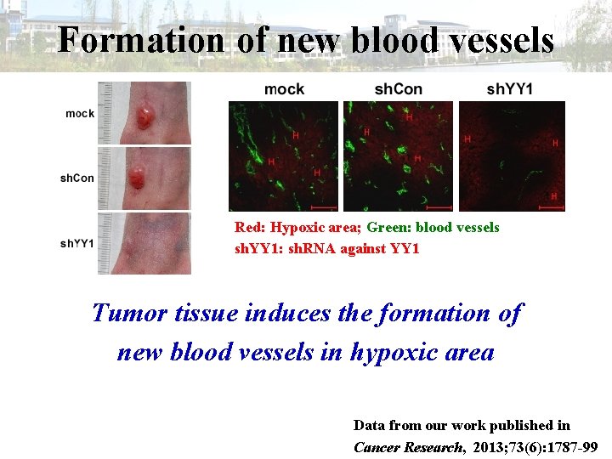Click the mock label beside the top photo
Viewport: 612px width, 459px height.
click(x=80, y=113)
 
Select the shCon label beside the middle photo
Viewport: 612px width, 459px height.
click(x=77, y=178)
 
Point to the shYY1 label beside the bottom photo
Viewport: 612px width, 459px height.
click(x=77, y=243)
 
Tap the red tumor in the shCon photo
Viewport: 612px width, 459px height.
click(x=137, y=178)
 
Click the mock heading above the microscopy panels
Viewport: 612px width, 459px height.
click(x=284, y=89)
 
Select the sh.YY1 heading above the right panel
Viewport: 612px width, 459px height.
click(x=510, y=89)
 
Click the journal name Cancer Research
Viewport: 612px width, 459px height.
click(x=407, y=446)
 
